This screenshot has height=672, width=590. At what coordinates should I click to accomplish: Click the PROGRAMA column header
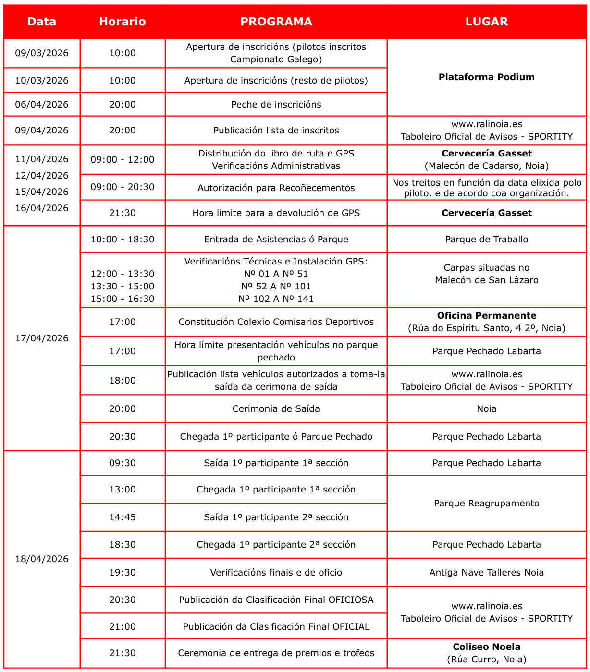point(276,22)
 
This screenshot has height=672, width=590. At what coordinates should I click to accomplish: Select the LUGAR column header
point(486,22)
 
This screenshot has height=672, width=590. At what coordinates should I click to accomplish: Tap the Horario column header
point(122,22)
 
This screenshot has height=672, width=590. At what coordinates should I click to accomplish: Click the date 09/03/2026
point(42,53)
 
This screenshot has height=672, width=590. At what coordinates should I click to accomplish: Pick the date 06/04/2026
point(42,104)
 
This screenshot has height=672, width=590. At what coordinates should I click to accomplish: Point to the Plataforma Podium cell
point(486,77)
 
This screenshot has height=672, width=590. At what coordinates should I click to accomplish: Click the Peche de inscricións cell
point(276,104)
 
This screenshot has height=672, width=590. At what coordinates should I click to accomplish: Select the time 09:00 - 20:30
point(122,187)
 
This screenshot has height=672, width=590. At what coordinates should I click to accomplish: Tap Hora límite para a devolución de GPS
point(276,213)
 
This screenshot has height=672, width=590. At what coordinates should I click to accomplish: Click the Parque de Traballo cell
point(486,239)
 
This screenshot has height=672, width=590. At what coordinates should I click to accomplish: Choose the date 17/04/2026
point(42,338)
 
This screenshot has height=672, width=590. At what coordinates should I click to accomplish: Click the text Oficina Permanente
point(486,316)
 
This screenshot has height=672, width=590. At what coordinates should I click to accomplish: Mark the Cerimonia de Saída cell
point(276,408)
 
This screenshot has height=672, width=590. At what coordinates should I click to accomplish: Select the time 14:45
point(122,517)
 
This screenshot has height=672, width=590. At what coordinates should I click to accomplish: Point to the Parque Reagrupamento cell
point(486,503)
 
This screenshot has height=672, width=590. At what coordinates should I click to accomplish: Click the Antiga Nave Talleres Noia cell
point(486,572)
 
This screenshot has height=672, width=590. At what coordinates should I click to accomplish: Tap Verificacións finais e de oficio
point(276,572)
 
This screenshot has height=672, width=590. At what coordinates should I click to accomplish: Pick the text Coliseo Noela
point(486,647)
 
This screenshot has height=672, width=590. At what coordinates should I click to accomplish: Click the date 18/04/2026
point(42,559)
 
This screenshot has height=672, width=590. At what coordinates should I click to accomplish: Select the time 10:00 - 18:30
point(122,239)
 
